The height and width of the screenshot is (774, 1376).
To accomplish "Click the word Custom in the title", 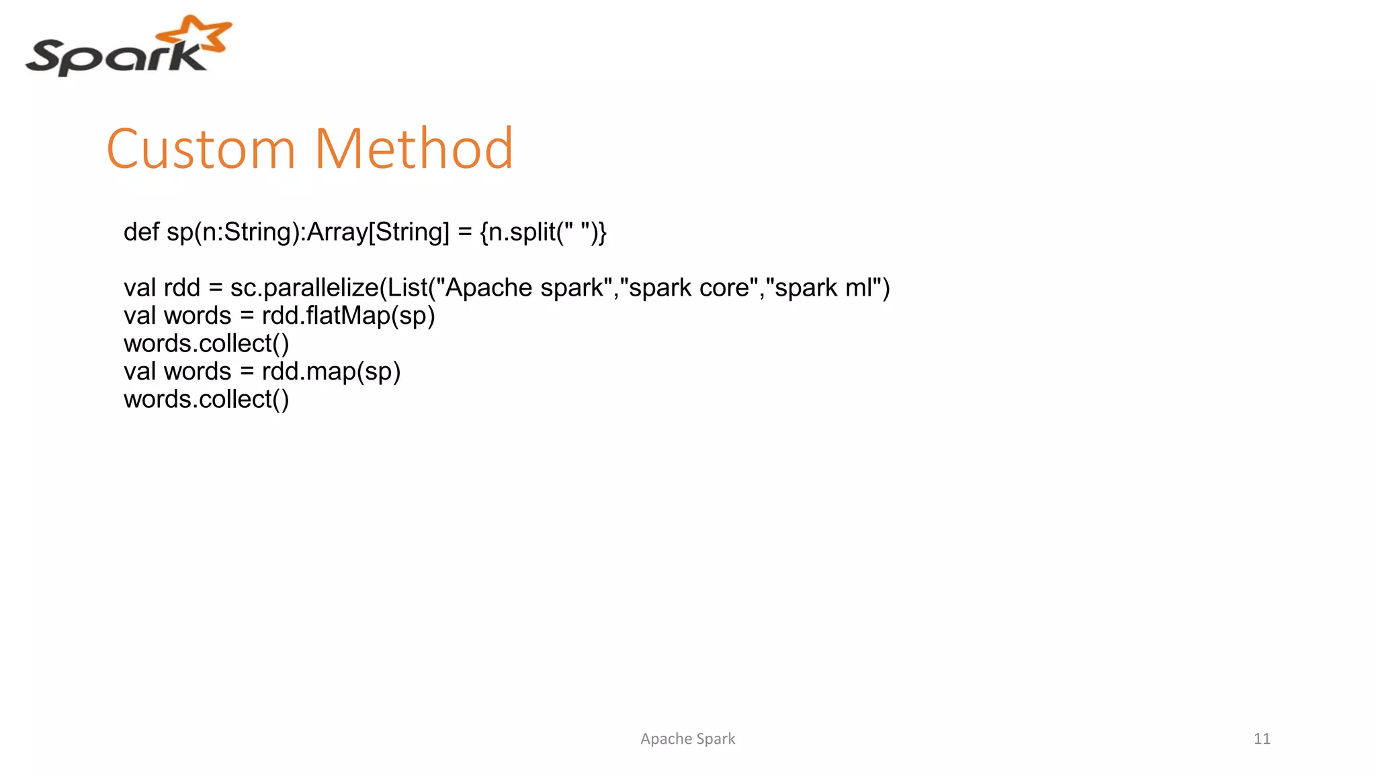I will (x=201, y=148).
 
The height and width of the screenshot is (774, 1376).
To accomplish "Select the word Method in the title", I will (x=414, y=148).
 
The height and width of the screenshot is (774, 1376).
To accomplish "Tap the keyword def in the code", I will (x=141, y=232).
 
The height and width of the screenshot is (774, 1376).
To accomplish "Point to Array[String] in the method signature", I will (x=378, y=232).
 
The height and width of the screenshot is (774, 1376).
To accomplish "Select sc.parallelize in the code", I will (x=304, y=288).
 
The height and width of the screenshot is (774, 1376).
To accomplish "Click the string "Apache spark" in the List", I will (x=524, y=288).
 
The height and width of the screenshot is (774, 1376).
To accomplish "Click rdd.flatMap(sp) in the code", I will (x=348, y=316).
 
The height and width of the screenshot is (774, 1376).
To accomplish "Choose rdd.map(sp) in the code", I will (x=331, y=372).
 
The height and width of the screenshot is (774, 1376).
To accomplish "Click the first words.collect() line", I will (x=206, y=344).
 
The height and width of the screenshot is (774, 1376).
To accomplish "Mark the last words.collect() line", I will (x=206, y=400).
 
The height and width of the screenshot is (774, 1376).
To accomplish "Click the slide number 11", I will (x=1262, y=739).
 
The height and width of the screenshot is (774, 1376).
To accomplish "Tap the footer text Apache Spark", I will (x=687, y=739).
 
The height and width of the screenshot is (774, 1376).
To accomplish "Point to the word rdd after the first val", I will (x=182, y=288).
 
